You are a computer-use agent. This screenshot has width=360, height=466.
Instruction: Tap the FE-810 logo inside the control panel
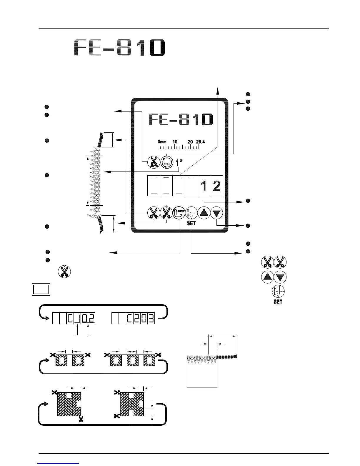click(x=181, y=119)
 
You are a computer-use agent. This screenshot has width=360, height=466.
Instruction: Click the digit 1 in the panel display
click(x=204, y=186)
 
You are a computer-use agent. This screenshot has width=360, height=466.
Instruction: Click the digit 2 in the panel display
click(x=216, y=186)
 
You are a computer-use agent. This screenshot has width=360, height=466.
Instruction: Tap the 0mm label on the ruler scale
click(x=162, y=142)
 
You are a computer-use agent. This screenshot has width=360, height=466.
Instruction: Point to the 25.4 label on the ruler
click(x=200, y=142)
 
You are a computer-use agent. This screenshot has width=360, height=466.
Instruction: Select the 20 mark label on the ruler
click(x=190, y=142)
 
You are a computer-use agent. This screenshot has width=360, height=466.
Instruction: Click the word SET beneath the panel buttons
click(x=191, y=223)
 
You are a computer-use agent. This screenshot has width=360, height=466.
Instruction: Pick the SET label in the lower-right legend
click(x=278, y=302)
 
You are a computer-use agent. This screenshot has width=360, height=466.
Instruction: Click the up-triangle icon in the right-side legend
click(x=267, y=277)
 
